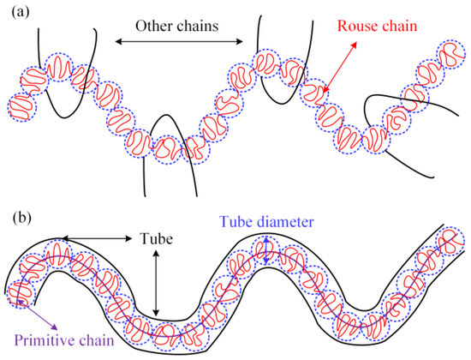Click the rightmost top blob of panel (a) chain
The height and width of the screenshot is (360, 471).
pos(446,54)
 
